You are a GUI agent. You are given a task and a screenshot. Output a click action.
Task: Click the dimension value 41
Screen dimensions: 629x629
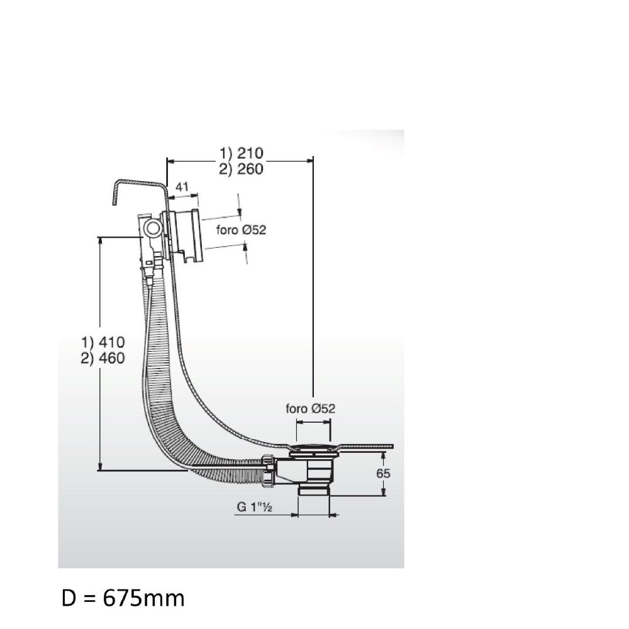point(182,187)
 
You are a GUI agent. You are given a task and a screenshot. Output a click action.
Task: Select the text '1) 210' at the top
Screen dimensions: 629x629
point(241,153)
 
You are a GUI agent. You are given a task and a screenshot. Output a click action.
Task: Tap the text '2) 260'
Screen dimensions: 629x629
point(241,169)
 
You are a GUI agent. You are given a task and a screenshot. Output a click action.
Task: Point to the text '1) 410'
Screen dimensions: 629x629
point(103,342)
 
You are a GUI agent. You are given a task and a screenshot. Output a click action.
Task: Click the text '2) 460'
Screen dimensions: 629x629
point(103,358)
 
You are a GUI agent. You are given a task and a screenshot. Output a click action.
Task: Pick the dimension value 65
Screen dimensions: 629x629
point(383,474)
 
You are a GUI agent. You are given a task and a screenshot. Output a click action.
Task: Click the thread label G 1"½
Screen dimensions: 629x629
point(255,506)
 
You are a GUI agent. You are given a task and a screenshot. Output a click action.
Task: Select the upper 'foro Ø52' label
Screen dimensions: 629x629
point(241,230)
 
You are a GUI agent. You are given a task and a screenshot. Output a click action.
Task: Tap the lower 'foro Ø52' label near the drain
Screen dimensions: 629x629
point(310,408)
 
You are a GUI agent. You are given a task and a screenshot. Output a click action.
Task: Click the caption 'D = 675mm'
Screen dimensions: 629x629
point(123,598)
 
